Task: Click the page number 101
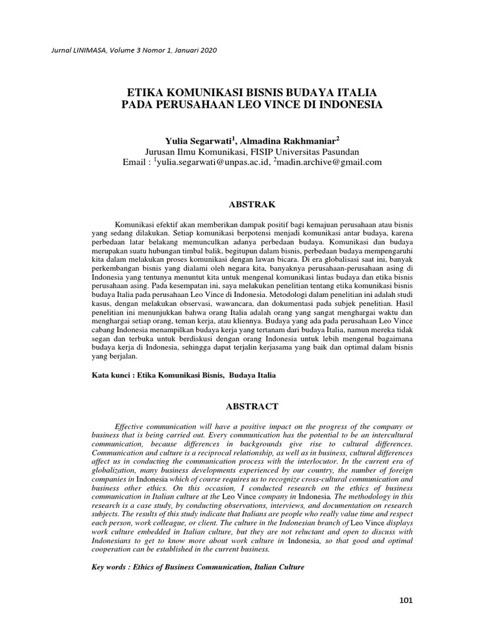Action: coord(405,601)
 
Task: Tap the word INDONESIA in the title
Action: coord(343,104)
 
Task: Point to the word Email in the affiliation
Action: coord(136,163)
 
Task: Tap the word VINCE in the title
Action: coord(277,104)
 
